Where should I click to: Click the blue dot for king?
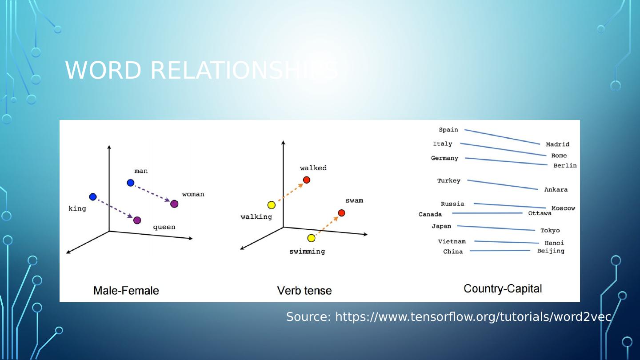[93, 197]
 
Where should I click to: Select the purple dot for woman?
[174, 204]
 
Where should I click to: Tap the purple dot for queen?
[137, 220]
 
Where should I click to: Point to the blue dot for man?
[130, 183]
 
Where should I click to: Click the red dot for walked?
[306, 180]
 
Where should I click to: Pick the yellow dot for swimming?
[311, 238]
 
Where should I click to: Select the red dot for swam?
[341, 213]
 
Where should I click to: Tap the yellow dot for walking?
[271, 205]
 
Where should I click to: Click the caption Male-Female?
[126, 291]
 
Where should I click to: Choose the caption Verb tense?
[304, 291]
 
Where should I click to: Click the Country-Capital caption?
[503, 289]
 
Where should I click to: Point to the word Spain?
[448, 130]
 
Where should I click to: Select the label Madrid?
[557, 144]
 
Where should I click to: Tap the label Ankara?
[556, 190]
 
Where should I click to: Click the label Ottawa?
[540, 213]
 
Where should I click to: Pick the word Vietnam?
[452, 242]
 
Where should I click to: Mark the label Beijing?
[551, 251]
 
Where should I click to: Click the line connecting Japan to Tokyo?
[496, 228]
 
